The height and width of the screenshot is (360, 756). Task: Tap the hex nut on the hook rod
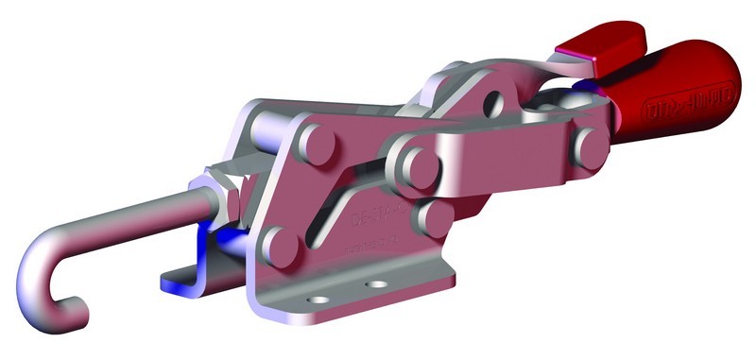pyautogui.click(x=225, y=188)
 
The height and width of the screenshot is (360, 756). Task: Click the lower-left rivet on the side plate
pyautogui.click(x=277, y=249)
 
